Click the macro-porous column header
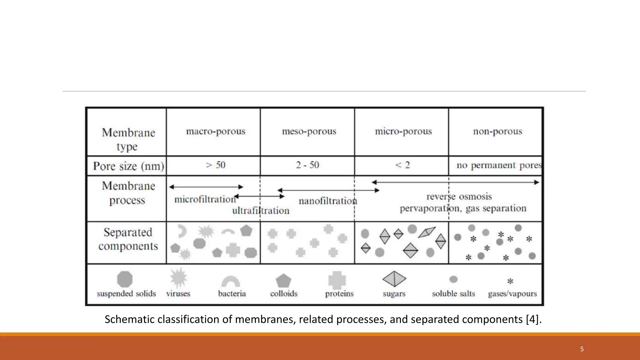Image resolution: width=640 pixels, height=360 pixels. (216, 132)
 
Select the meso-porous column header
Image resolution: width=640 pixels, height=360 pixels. (309, 132)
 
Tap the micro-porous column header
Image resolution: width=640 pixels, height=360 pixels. (403, 132)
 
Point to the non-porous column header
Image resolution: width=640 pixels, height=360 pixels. (497, 132)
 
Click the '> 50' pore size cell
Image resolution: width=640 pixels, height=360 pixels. (216, 165)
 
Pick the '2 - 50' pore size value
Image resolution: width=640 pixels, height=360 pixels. (307, 165)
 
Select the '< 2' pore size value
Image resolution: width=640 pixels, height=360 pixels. (402, 165)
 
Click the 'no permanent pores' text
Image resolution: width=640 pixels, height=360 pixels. (499, 165)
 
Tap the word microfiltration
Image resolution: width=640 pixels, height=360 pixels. (205, 199)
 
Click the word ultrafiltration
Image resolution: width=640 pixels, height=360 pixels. (261, 211)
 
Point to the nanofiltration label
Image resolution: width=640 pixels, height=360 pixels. (328, 201)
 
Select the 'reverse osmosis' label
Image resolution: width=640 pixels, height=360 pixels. (459, 197)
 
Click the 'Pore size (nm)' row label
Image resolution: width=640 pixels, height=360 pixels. (128, 166)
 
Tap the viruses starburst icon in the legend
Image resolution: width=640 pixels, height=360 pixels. (178, 278)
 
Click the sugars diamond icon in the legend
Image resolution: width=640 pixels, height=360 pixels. (394, 279)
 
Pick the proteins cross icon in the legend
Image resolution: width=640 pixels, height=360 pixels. (337, 280)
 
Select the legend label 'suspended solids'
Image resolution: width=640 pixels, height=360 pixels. (126, 294)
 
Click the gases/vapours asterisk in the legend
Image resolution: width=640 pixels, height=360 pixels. (510, 281)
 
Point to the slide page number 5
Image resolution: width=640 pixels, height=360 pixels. (582, 349)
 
